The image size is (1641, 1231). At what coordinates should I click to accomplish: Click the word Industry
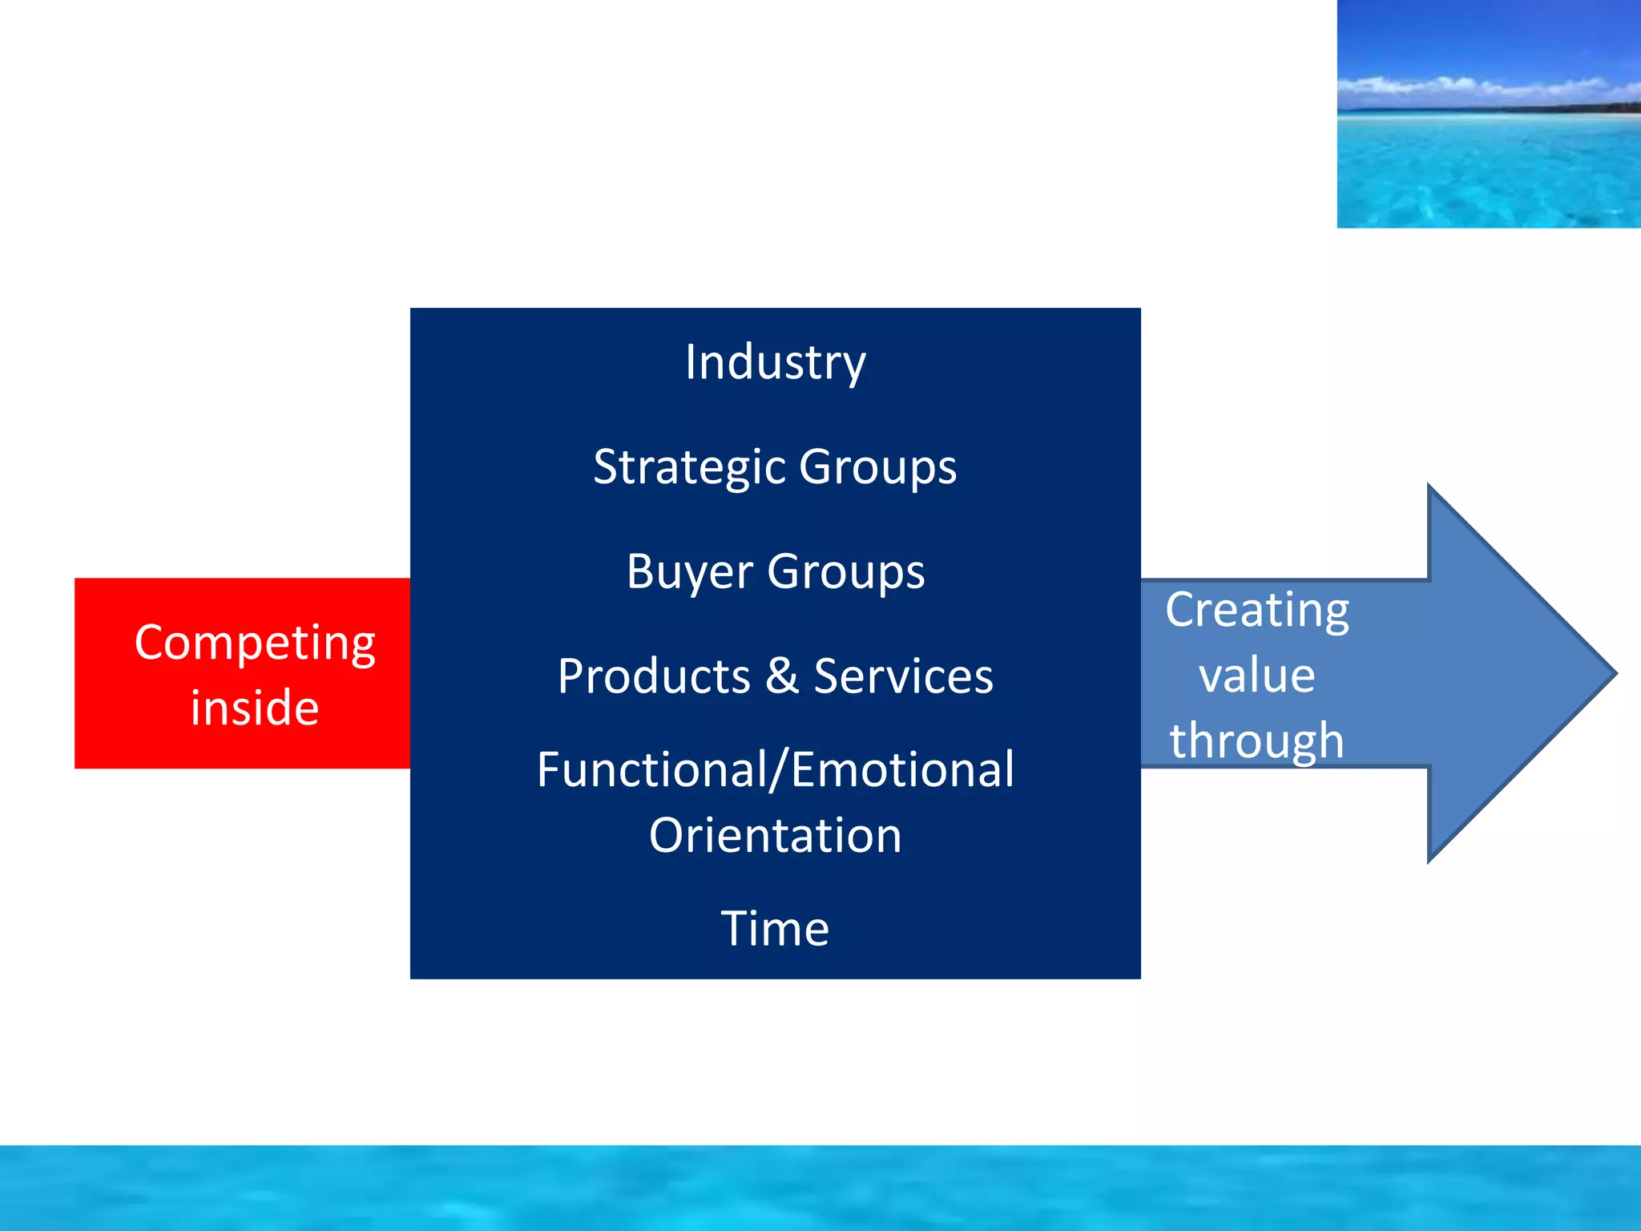[775, 363]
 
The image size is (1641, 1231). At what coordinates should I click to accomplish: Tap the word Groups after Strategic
[877, 467]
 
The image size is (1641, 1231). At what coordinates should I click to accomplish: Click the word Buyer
[689, 572]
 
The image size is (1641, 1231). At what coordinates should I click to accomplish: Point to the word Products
[654, 676]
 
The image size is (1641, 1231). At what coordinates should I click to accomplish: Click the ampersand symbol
[782, 676]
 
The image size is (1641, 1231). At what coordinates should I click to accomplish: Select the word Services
[903, 676]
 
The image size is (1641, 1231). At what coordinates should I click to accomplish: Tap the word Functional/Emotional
[775, 770]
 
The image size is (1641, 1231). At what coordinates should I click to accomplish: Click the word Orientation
[775, 836]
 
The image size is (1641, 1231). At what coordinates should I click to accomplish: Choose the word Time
[775, 929]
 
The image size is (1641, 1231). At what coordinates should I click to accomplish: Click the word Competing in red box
[255, 644]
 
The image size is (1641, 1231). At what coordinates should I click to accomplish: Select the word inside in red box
[255, 708]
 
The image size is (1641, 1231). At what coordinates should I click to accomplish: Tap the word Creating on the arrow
[1256, 611]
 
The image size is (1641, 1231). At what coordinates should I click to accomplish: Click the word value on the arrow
[1256, 676]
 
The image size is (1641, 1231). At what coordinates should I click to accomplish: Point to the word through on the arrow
[1256, 741]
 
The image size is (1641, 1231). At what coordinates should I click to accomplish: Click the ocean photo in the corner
[1488, 160]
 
